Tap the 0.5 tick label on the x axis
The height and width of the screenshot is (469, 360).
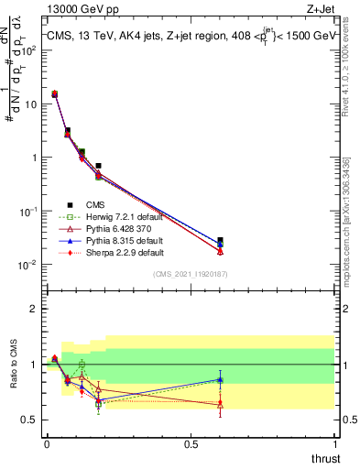click(191, 444)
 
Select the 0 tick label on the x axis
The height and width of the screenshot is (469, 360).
click(46, 444)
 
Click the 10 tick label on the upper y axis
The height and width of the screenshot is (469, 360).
click(28, 104)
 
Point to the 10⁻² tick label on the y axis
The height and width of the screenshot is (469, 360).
click(27, 265)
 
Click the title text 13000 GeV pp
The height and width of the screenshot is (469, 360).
click(74, 10)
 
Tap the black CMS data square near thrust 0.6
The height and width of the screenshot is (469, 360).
click(220, 241)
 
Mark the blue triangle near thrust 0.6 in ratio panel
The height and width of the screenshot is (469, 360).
click(220, 379)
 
